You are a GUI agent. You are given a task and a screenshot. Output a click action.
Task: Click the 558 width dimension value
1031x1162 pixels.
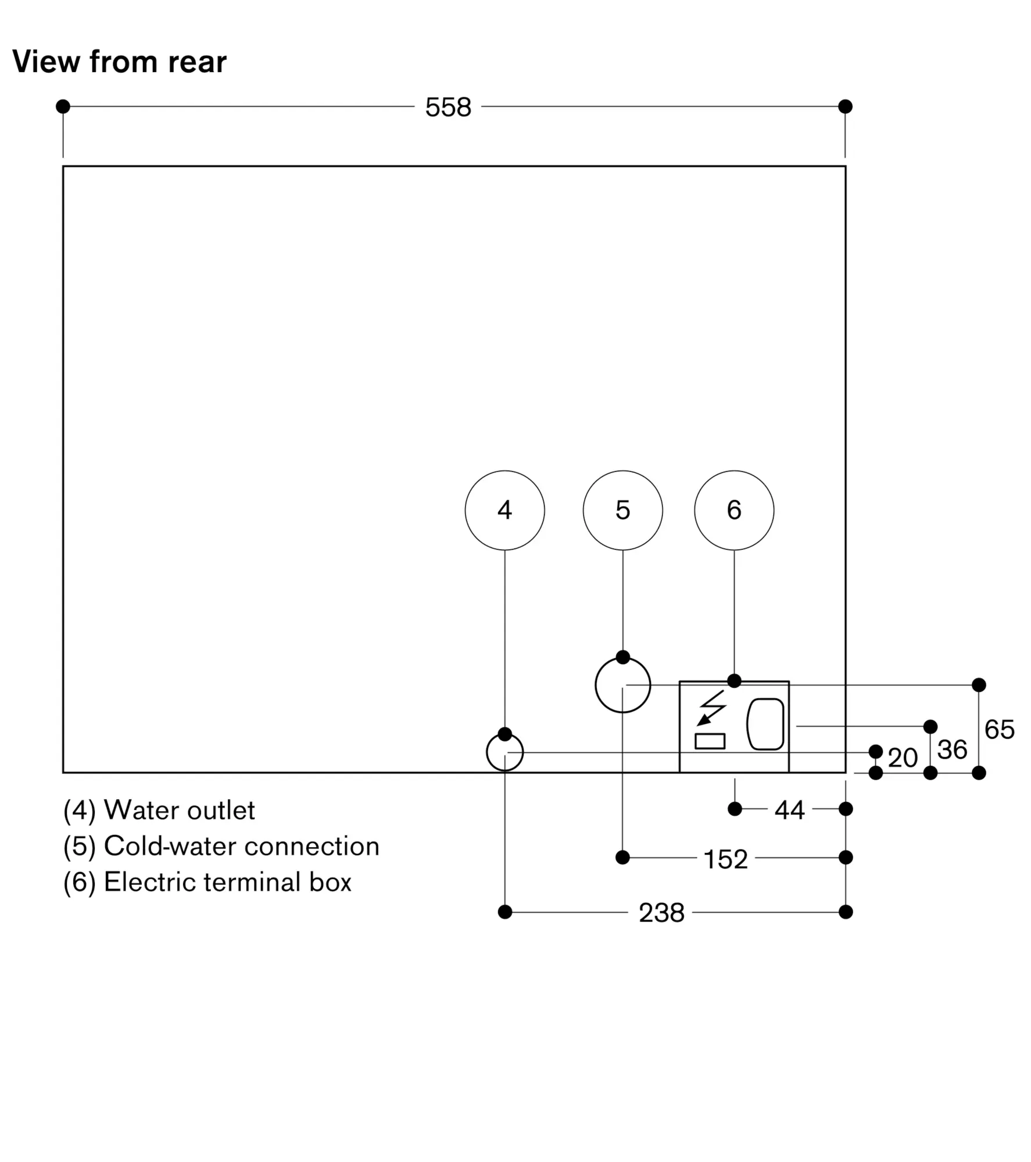tap(448, 107)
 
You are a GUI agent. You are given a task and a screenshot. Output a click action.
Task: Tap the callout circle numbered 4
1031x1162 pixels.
tap(504, 510)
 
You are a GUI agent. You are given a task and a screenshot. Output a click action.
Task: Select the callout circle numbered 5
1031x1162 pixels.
tap(622, 510)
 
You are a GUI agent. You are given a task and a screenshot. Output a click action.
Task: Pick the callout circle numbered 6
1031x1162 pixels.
tap(734, 510)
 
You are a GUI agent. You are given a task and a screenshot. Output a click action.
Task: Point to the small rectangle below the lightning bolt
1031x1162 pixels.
tap(710, 741)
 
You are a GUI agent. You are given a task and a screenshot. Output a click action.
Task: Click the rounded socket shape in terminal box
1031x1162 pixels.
tap(765, 724)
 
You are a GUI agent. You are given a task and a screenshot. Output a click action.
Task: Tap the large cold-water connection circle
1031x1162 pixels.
tap(622, 685)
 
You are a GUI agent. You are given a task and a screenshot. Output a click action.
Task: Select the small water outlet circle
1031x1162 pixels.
tap(504, 752)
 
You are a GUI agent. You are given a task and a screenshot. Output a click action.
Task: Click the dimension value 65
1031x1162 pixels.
tap(999, 729)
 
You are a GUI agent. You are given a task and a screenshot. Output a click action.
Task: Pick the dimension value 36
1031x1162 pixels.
tap(952, 749)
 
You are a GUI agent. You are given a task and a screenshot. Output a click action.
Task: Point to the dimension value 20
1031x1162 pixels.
tap(903, 758)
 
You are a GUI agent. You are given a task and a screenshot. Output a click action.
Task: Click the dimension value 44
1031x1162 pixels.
tap(789, 809)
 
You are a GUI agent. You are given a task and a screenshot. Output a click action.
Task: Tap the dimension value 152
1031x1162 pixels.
tap(725, 859)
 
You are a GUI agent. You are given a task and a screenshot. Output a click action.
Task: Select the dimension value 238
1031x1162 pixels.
tap(661, 913)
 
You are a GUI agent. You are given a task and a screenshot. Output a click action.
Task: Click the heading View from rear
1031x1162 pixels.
tap(119, 62)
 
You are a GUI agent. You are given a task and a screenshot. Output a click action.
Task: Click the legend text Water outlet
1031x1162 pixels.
tap(179, 810)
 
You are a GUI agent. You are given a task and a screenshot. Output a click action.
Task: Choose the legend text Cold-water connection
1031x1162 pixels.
tap(241, 846)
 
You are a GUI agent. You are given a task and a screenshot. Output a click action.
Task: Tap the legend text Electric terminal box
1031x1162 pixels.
tap(227, 882)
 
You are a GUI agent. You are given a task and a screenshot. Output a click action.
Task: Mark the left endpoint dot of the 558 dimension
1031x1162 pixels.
tap(63, 106)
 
